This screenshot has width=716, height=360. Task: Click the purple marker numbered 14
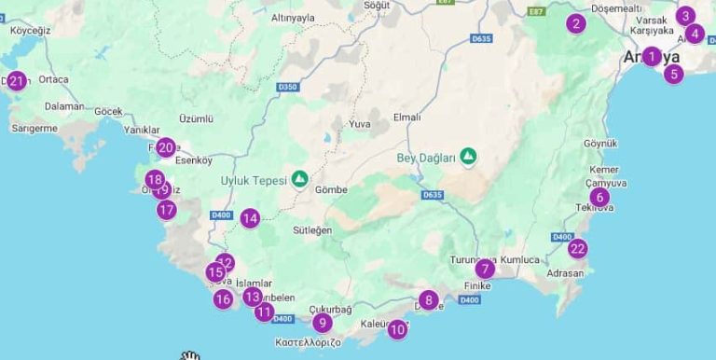[x=249, y=218]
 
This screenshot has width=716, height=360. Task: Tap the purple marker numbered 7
[x=484, y=269]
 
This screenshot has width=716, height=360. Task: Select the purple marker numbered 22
[x=578, y=248]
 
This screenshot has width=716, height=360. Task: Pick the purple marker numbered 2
[x=576, y=23]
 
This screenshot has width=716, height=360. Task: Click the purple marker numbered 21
[x=16, y=81]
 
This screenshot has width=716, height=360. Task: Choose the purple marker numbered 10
[x=397, y=328]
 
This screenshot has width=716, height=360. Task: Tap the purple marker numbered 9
[x=322, y=323]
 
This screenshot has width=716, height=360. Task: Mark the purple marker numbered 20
[x=166, y=147]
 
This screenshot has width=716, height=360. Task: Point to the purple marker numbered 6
[x=599, y=197]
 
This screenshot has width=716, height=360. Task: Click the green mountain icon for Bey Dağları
[x=468, y=157]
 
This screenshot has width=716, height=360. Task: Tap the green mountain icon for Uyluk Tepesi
[x=299, y=178]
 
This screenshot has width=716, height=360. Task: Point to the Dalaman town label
[x=64, y=106]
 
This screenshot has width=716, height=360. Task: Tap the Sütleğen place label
[x=312, y=230]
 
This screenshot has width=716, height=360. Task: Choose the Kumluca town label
[x=519, y=259]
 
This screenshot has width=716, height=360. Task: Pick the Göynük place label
[x=600, y=144]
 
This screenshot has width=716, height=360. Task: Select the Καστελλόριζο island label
[x=308, y=342]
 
